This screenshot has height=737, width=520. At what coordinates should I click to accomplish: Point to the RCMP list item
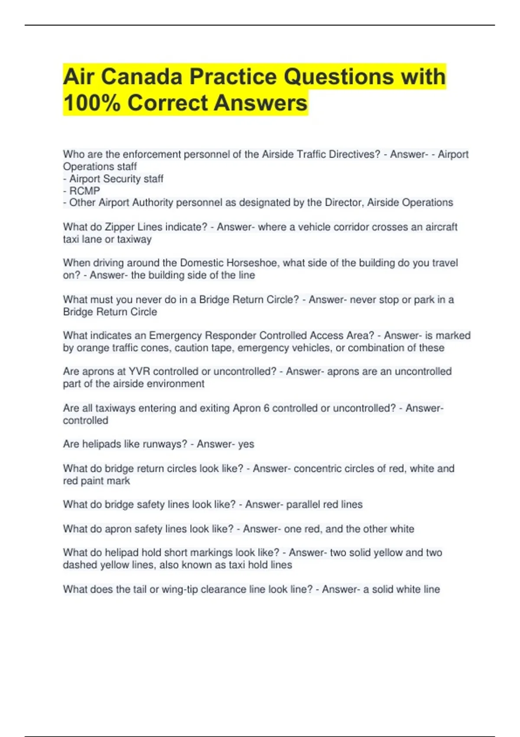84,191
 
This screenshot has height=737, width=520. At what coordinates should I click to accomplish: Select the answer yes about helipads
246,444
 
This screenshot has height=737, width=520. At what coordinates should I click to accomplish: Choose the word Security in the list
123,179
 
